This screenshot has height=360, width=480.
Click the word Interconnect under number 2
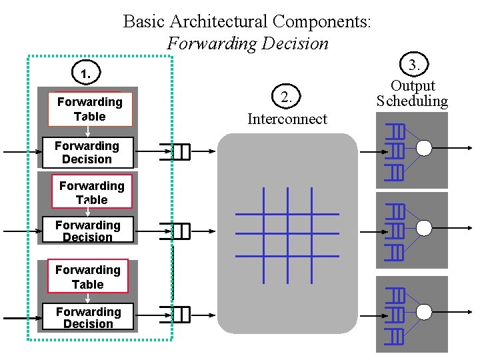(287, 119)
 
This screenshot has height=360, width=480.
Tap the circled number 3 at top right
(413, 65)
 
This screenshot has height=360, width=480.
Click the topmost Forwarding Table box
(90, 109)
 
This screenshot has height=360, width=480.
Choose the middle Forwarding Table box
(91, 193)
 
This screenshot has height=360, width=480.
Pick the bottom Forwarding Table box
(88, 277)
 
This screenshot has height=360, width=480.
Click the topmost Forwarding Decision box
(87, 153)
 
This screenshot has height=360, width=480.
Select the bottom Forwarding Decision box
(88, 317)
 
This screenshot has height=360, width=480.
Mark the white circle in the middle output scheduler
(424, 229)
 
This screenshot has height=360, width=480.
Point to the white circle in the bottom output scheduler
(424, 310)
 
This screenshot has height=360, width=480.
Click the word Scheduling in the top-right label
(412, 101)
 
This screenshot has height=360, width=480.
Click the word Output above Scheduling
(413, 86)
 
